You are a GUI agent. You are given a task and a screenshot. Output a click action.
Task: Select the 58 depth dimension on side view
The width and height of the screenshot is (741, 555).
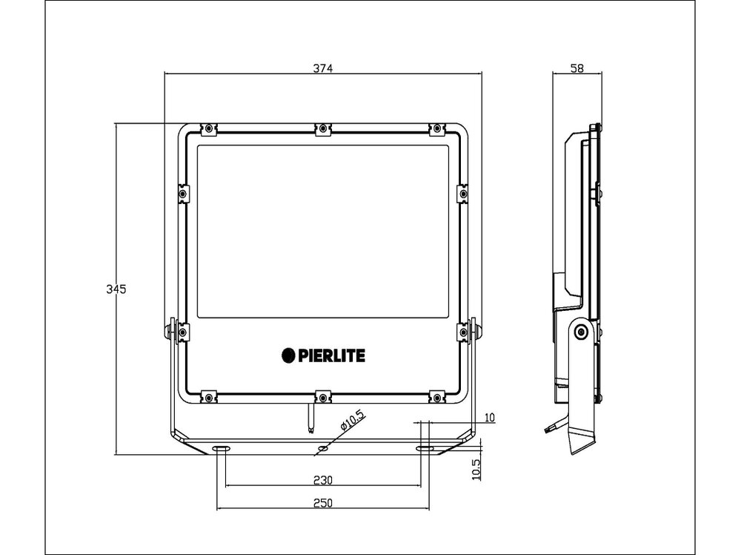click(578, 68)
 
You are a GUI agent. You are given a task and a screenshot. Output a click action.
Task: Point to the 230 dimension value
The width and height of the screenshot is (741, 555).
click(322, 479)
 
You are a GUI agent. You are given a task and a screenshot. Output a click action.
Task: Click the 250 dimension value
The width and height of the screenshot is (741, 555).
click(322, 502)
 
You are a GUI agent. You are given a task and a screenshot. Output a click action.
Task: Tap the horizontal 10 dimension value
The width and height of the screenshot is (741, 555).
click(488, 418)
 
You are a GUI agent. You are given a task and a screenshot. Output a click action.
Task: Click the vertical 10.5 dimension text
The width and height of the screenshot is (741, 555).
click(476, 469)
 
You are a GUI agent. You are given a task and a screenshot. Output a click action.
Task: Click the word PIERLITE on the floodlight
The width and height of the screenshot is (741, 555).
click(331, 355)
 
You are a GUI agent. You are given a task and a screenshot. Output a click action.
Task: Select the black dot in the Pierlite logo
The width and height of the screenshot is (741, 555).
click(288, 355)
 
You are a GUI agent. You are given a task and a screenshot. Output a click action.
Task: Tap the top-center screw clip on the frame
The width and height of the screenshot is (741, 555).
click(322, 129)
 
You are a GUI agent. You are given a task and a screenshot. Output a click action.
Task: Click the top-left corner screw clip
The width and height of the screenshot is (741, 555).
click(209, 129)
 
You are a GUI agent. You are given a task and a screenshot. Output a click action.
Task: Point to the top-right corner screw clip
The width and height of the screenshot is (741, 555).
click(436, 129)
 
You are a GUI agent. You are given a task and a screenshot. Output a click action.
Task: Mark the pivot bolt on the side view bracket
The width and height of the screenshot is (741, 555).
click(581, 332)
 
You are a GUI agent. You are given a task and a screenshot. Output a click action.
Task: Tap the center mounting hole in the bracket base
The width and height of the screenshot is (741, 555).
click(322, 450)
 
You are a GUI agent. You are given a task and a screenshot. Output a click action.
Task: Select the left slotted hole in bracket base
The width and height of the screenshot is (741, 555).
click(221, 449)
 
